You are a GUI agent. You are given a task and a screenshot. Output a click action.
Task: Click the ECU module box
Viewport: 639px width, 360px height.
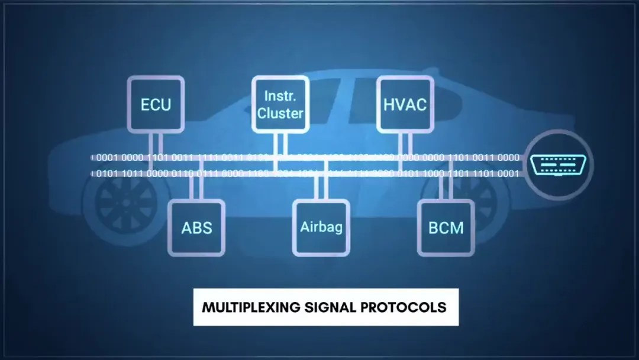156,105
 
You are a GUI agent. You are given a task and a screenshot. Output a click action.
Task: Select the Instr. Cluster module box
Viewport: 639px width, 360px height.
280,105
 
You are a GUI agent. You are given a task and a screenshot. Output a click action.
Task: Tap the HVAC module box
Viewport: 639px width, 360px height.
405,105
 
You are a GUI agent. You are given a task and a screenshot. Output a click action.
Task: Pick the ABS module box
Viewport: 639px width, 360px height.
196,227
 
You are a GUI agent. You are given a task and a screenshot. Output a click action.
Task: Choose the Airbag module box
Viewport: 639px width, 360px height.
321,227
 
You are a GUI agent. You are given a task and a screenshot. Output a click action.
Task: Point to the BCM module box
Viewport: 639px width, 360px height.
446,227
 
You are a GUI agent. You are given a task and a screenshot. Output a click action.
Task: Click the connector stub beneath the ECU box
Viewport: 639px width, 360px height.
156,143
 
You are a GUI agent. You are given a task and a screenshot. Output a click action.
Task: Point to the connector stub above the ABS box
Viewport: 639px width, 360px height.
196,188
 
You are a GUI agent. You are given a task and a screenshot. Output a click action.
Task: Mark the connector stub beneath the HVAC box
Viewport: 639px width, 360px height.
405,143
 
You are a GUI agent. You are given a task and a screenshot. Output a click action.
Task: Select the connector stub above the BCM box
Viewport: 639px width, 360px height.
446,188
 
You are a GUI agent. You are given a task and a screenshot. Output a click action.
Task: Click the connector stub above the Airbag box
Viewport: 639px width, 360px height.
321,188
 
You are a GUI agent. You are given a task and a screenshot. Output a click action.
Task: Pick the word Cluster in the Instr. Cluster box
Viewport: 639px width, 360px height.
280,112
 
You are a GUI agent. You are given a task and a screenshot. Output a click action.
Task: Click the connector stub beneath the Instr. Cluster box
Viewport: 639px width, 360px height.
280,143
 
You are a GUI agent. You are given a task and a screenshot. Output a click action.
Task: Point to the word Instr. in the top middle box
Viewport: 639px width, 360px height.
280,95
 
